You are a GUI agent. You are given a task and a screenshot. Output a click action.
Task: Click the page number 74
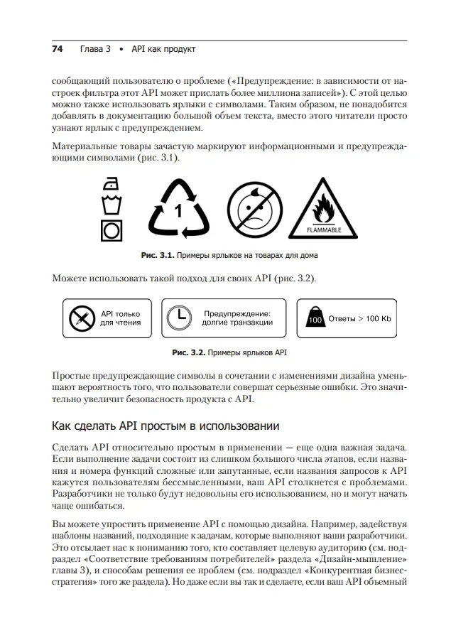click(x=58, y=49)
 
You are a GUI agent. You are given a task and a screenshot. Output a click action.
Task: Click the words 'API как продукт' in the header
click(x=163, y=49)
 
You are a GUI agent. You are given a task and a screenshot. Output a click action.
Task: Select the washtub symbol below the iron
click(x=110, y=206)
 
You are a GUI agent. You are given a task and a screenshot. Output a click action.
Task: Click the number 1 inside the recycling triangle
click(x=179, y=211)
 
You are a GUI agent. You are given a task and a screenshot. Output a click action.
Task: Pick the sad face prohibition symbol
click(x=254, y=208)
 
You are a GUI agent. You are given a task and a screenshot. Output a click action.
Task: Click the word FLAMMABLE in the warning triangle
click(x=323, y=229)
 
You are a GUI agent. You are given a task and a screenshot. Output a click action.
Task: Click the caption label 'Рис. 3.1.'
click(x=157, y=254)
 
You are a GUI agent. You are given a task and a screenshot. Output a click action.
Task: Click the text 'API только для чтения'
click(x=120, y=318)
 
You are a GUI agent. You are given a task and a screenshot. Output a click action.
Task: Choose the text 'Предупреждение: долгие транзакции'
click(x=237, y=318)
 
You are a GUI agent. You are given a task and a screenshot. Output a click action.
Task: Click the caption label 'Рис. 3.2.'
click(x=188, y=352)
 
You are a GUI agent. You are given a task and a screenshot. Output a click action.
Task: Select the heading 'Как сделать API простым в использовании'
click(x=166, y=426)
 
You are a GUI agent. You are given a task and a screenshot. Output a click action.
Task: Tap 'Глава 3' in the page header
click(x=95, y=49)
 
